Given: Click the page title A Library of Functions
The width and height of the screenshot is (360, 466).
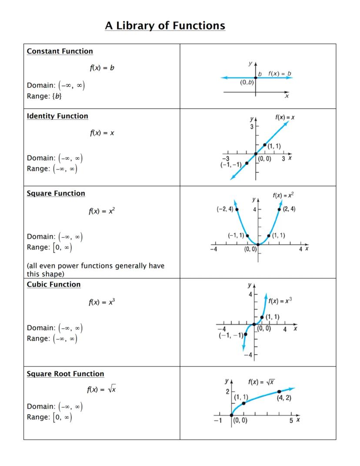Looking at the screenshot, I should click(x=165, y=26).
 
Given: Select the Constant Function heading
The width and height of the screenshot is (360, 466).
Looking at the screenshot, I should click(x=60, y=51).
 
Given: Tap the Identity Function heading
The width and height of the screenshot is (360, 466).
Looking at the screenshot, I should click(x=57, y=116).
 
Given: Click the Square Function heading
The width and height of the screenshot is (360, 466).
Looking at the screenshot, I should click(x=56, y=194).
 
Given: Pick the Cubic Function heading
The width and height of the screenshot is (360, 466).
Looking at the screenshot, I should click(x=53, y=285).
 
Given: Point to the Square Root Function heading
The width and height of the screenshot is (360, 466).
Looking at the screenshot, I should click(x=65, y=374).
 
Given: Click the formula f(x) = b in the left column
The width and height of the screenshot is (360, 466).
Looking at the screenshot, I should click(x=102, y=68).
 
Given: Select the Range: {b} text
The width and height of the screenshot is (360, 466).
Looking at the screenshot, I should click(x=44, y=96).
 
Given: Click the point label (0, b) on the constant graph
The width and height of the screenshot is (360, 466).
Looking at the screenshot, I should click(x=247, y=82).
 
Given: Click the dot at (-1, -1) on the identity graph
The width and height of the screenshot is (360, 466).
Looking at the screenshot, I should click(x=247, y=163).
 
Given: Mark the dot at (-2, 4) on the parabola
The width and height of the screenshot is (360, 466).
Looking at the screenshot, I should click(x=237, y=209).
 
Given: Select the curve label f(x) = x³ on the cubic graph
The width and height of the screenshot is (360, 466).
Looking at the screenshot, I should click(x=280, y=301).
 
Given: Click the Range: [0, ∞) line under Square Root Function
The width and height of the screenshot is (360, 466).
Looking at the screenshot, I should click(x=49, y=417).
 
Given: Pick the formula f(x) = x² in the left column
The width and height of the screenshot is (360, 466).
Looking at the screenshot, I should click(x=102, y=211).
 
